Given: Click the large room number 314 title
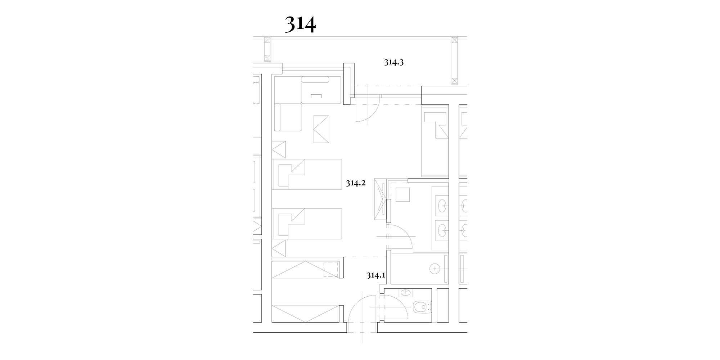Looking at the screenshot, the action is (300, 24).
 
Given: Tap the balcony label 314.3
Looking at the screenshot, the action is (393, 62).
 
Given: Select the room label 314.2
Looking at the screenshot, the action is (356, 183).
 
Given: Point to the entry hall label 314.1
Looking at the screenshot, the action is (376, 276).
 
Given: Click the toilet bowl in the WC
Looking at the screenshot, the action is (420, 307).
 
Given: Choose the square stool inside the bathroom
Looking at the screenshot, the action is (402, 194).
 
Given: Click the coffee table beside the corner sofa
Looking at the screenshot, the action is (321, 129).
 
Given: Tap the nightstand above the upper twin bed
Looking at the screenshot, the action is (279, 149).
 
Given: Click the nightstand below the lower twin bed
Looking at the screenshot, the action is (279, 248).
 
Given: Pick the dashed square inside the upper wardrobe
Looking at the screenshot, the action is (330, 269).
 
